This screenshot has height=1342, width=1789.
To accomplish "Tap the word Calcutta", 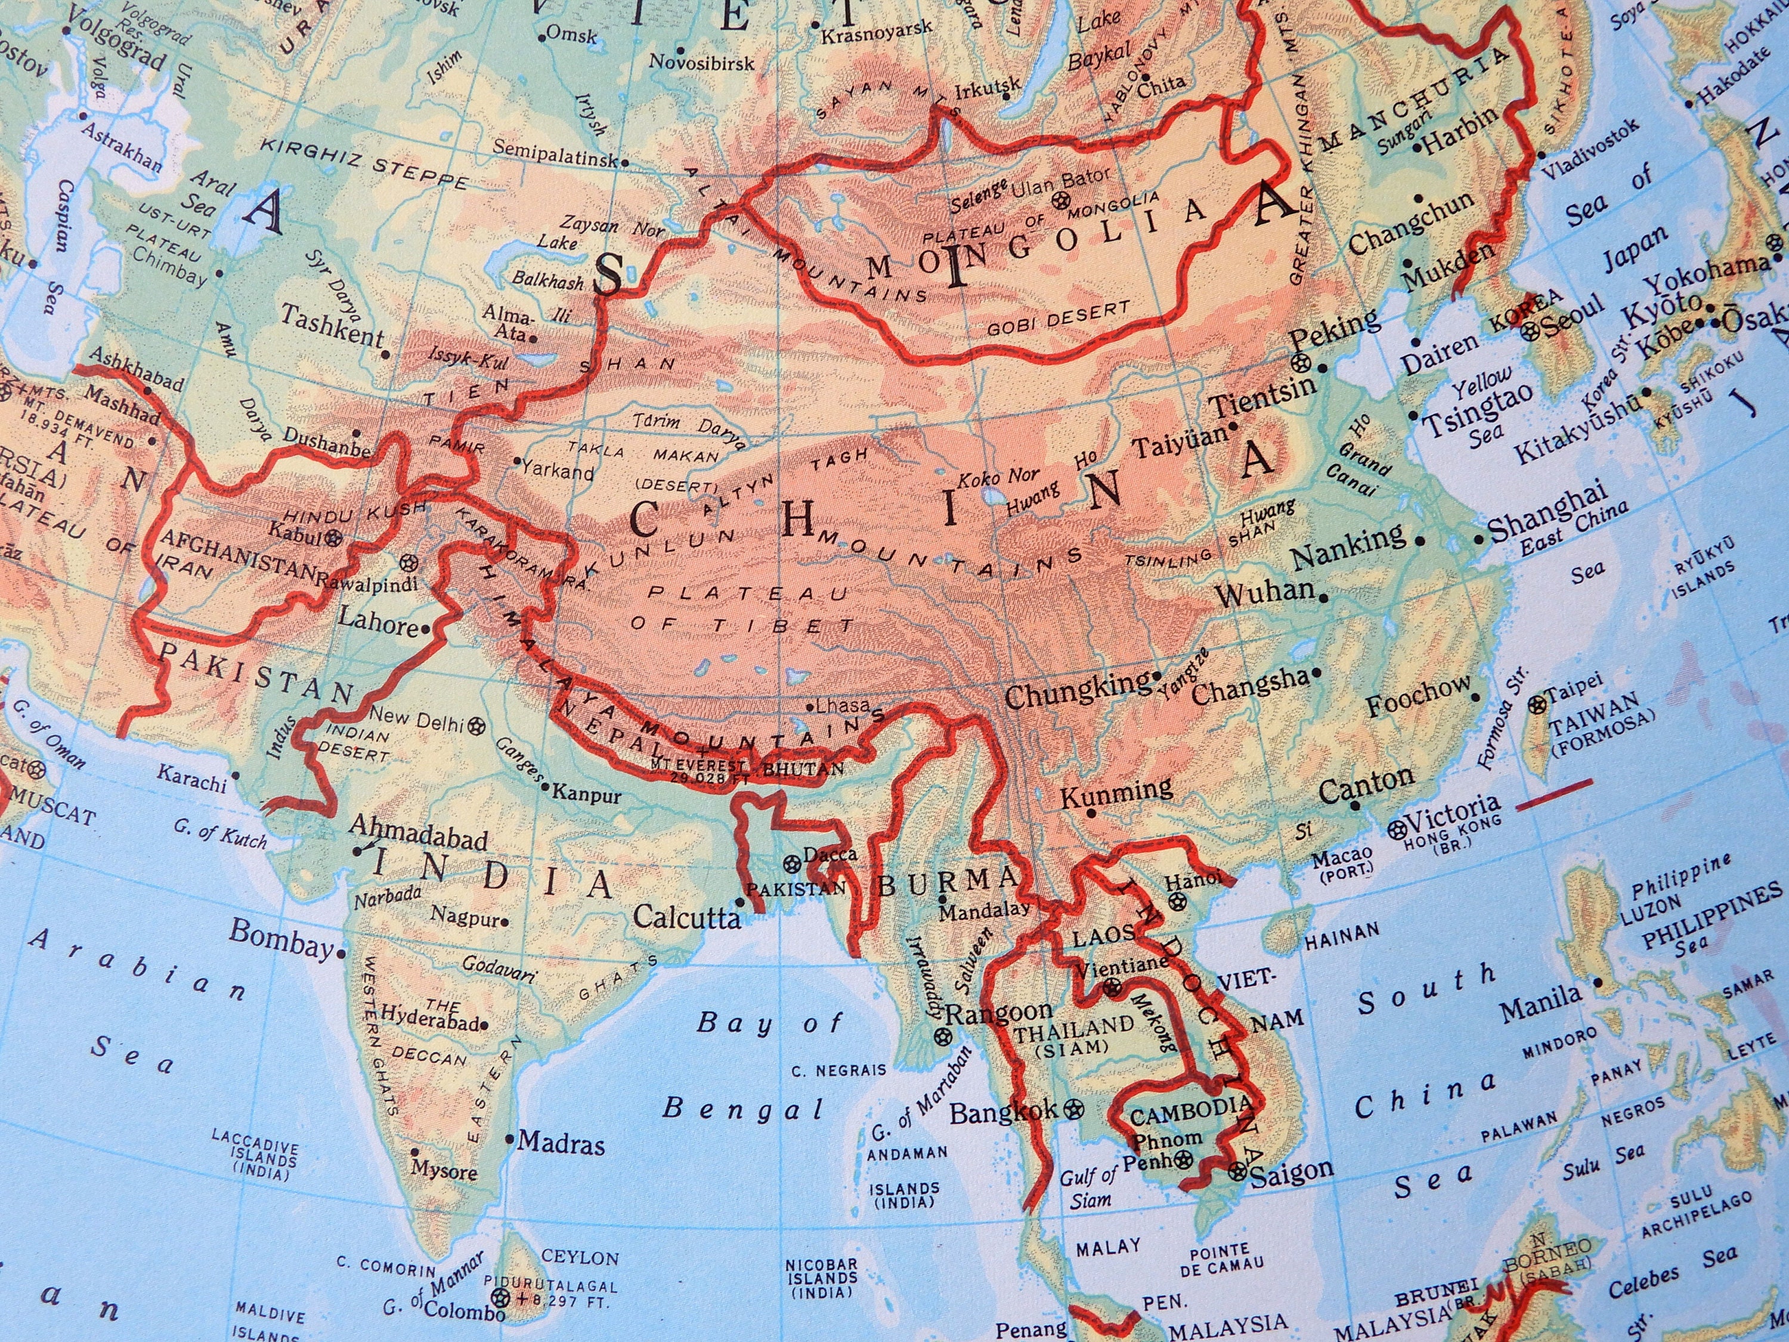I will pyautogui.click(x=686, y=917).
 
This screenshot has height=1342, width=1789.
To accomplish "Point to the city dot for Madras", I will pyautogui.click(x=509, y=1139).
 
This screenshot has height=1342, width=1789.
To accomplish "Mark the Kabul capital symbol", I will pyautogui.click(x=334, y=536).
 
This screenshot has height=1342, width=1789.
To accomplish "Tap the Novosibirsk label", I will pyautogui.click(x=701, y=62).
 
